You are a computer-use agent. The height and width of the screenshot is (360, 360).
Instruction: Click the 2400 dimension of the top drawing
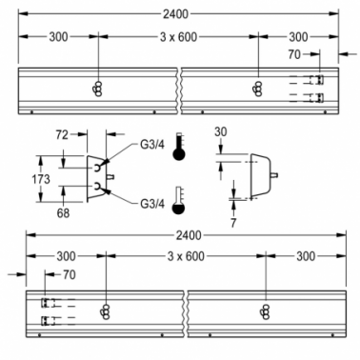(175, 14)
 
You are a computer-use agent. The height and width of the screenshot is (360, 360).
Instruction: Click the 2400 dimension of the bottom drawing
(189, 235)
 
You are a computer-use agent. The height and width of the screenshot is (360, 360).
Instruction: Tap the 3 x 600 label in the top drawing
(178, 37)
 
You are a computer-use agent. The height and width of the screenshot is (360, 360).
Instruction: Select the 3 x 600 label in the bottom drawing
(186, 256)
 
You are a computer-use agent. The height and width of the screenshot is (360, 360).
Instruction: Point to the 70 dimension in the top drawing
(294, 54)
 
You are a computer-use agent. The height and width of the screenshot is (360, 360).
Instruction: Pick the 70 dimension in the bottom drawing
(70, 274)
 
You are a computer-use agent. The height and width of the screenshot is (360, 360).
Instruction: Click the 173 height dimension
(41, 179)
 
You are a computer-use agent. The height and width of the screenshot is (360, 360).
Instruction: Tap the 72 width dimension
(62, 135)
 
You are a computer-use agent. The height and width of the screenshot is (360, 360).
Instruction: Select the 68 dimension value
(63, 213)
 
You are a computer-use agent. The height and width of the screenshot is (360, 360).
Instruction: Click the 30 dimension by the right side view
(221, 131)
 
